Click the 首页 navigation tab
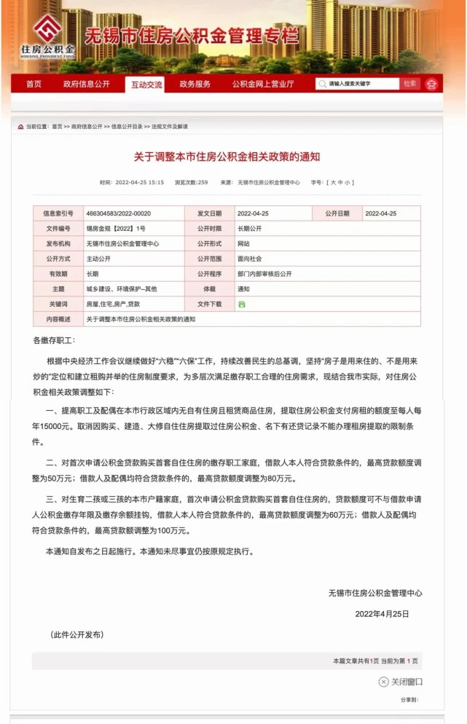click(34, 84)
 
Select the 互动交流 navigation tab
click(146, 84)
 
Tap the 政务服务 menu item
click(195, 84)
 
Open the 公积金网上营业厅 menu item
click(263, 84)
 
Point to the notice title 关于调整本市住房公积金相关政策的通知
click(227, 156)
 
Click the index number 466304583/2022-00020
click(118, 213)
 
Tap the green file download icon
click(241, 304)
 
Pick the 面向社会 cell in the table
click(249, 259)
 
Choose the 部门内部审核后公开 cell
click(264, 274)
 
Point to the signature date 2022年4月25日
click(382, 614)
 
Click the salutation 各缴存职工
click(54, 340)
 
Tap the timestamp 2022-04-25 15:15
click(131, 182)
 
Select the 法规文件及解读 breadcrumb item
click(170, 127)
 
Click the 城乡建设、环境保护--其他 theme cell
click(122, 289)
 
